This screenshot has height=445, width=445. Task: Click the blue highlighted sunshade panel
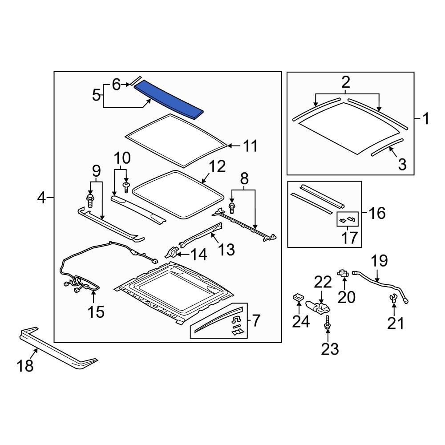click(169, 100)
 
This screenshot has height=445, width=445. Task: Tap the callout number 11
click(250, 146)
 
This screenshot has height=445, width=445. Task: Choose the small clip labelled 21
click(394, 299)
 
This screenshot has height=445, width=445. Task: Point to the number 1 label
click(426, 119)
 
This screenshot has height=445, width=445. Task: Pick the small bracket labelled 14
click(172, 252)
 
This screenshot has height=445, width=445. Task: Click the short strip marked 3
click(387, 147)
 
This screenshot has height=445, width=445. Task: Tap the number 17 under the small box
click(349, 238)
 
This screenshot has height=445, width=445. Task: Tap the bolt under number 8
click(232, 208)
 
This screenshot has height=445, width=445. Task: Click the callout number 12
click(217, 166)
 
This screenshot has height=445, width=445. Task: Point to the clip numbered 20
click(343, 273)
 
